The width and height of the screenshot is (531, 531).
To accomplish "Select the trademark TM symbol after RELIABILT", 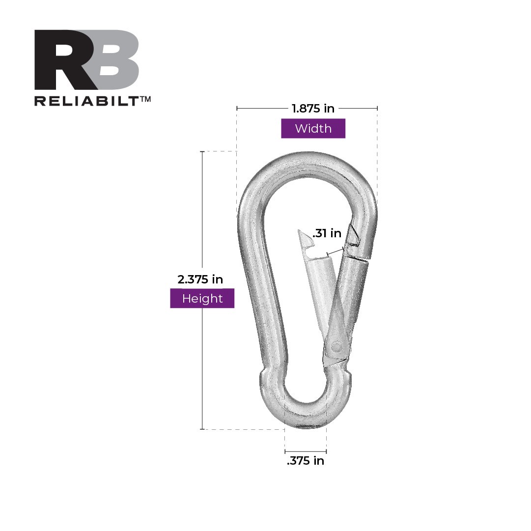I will tap(145, 99).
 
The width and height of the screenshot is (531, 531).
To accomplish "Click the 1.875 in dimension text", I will tap(313, 109).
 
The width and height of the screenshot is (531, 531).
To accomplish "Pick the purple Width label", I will tap(313, 129).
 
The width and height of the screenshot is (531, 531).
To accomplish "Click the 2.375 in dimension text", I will tap(200, 279).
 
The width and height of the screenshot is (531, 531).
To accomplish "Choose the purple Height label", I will tap(202, 298).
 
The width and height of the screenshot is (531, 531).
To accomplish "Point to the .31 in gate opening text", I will tap(327, 233).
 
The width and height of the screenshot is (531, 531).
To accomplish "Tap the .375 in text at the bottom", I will tap(306, 461).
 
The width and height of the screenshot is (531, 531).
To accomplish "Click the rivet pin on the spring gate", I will tap(336, 347).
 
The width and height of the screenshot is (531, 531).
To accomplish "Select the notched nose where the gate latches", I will tap(354, 238).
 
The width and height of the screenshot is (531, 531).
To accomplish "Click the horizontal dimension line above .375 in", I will tap(306, 451).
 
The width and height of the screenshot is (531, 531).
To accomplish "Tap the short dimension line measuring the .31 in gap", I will tap(335, 252).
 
